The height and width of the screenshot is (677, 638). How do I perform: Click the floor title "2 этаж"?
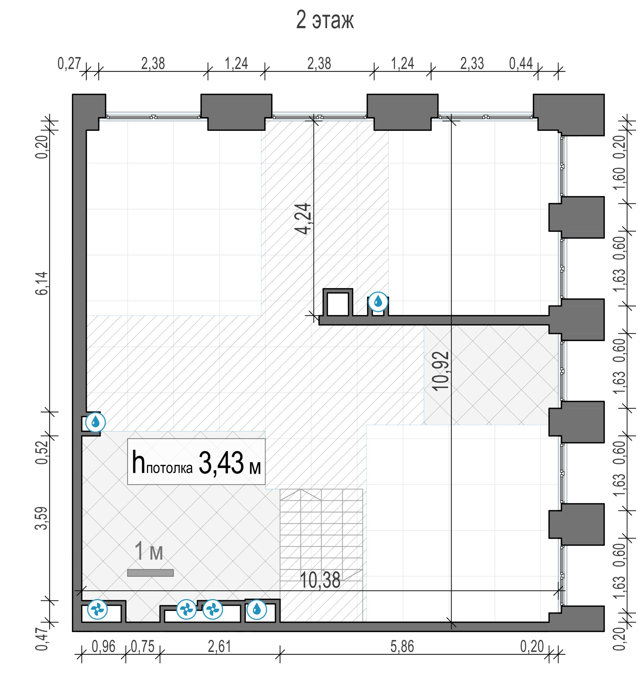[325, 20]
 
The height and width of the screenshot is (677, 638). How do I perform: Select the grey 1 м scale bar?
[150, 573]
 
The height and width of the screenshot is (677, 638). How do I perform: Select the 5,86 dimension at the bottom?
[402, 647]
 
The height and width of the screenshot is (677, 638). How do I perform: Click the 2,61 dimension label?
[220, 647]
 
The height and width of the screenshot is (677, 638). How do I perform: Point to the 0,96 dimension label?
[103, 647]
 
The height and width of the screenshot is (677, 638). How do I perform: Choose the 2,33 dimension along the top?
[472, 64]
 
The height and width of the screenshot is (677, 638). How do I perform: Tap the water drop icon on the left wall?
[95, 422]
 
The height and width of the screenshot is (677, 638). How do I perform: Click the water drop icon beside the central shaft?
[378, 301]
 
